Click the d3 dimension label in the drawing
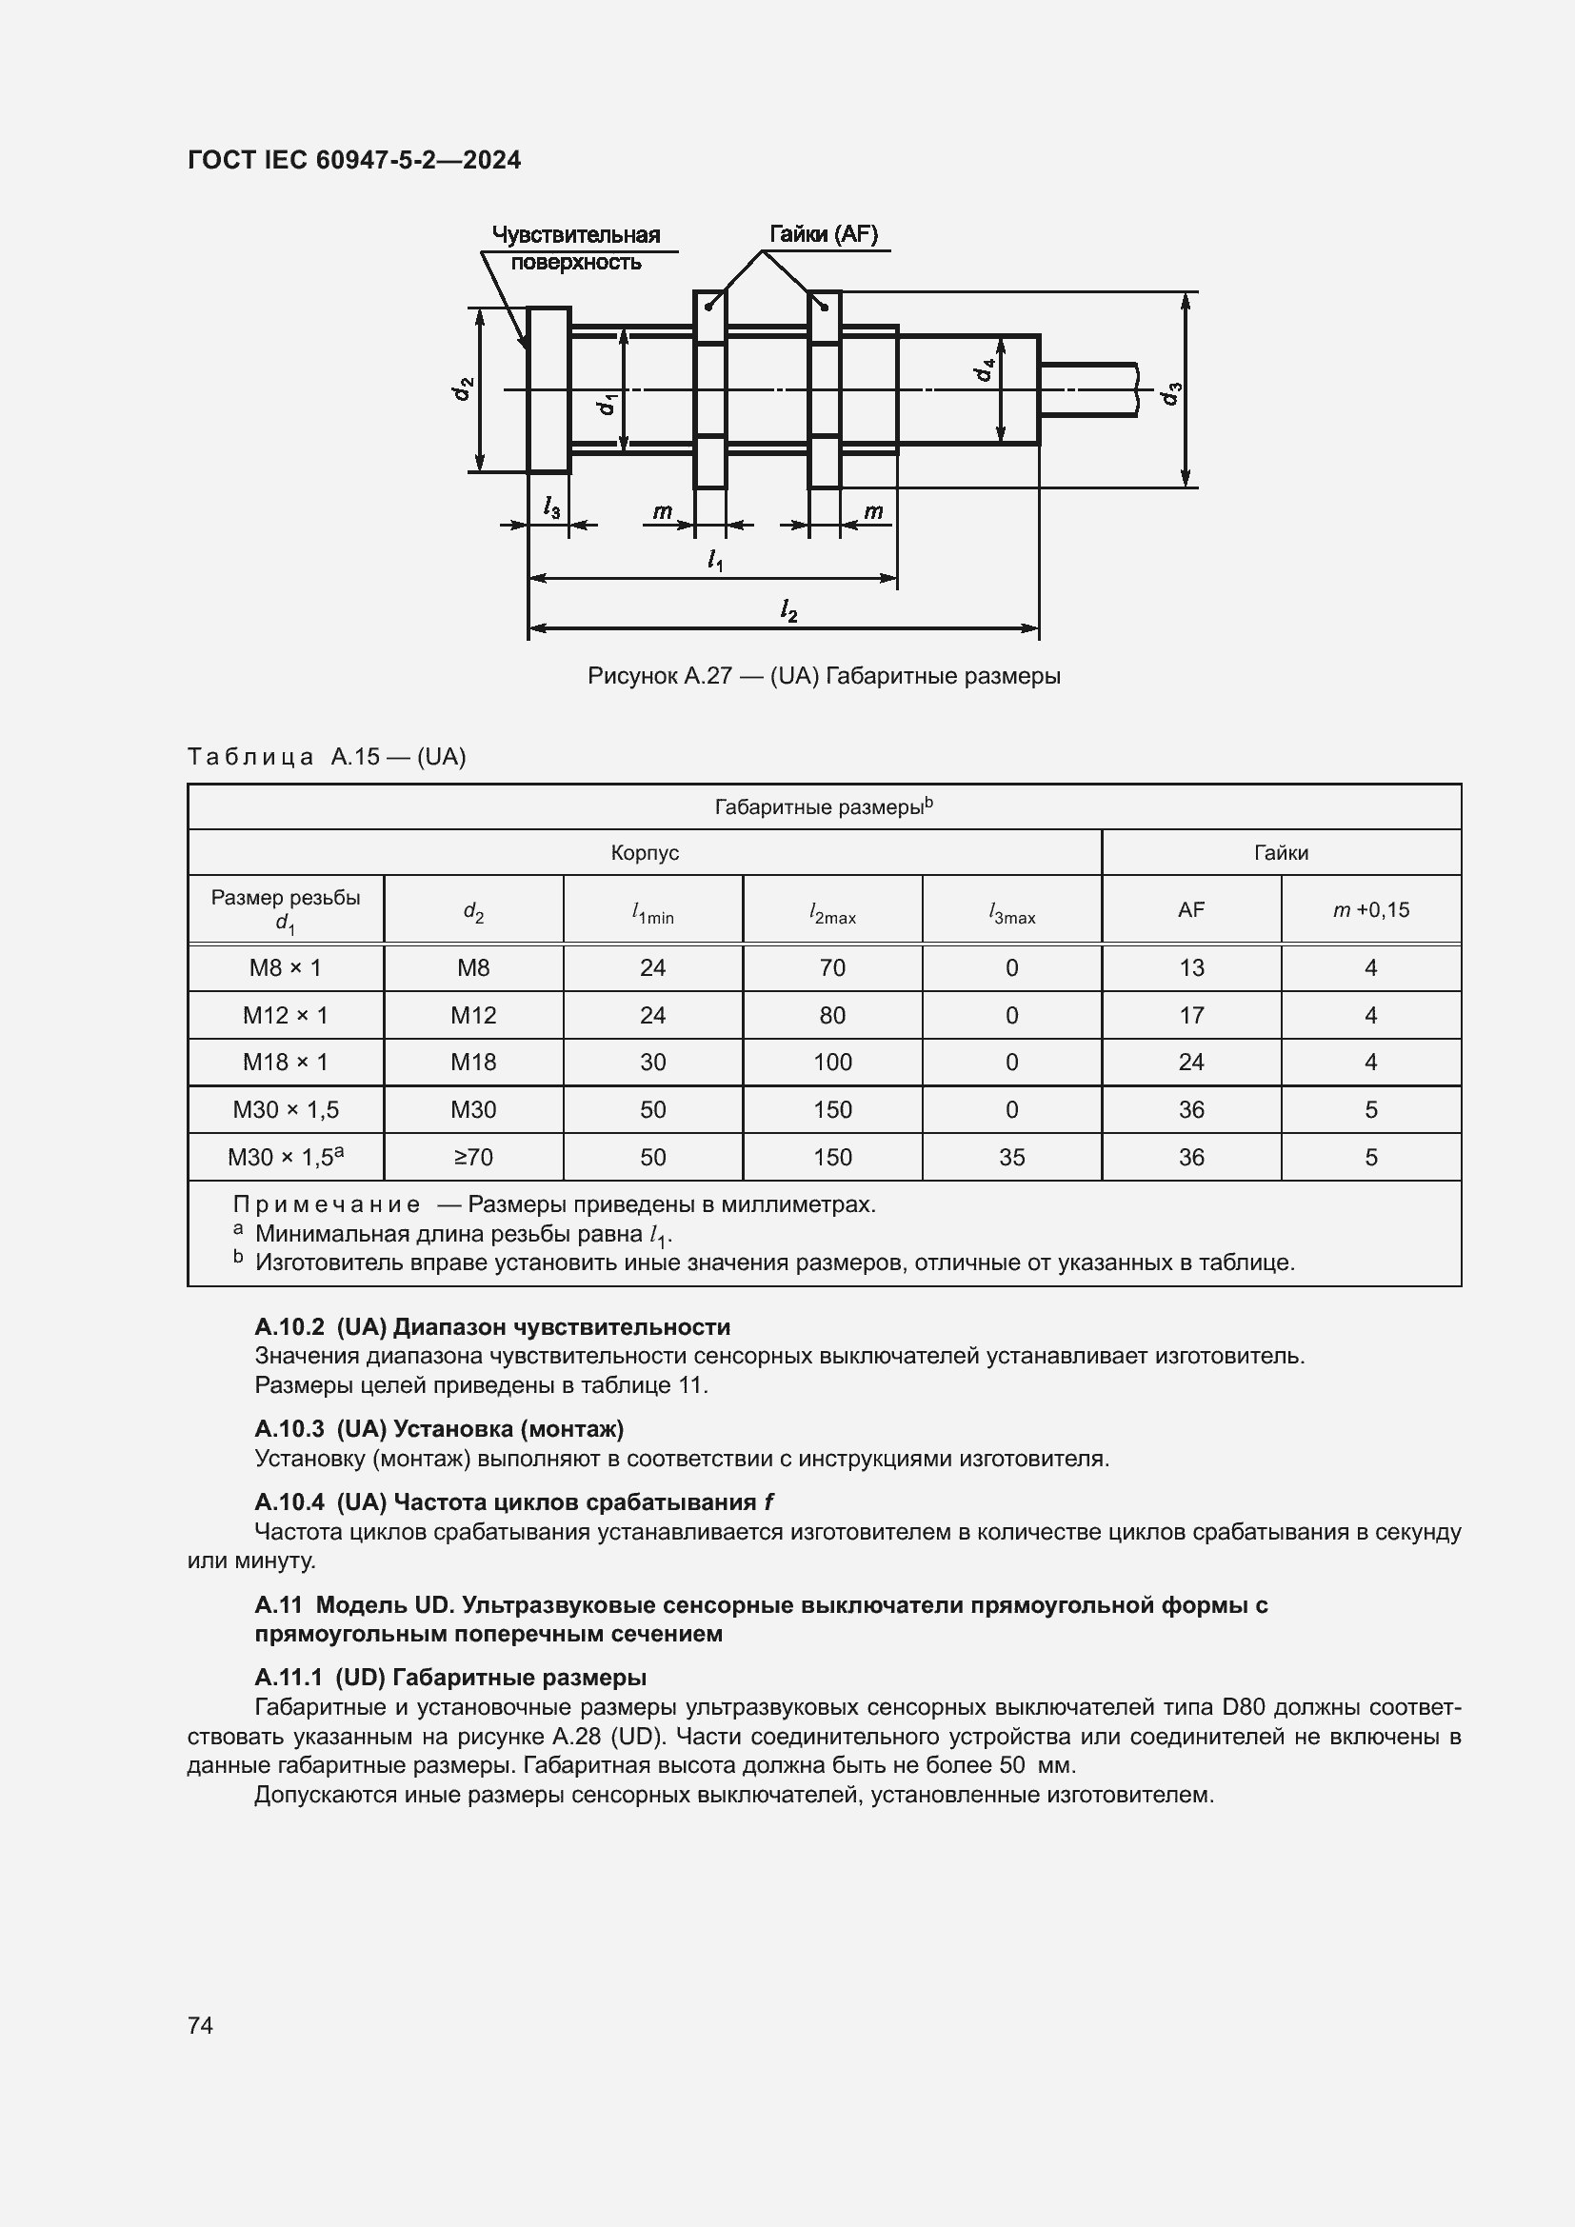click(x=1172, y=394)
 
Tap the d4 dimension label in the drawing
click(x=985, y=369)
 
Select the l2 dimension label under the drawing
click(x=788, y=610)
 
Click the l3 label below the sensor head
click(x=550, y=507)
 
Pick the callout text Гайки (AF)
click(x=824, y=234)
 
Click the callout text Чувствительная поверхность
click(x=575, y=249)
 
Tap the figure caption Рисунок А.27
click(x=824, y=676)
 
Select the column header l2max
click(x=832, y=912)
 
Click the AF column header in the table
click(x=1191, y=910)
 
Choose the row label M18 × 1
click(x=285, y=1063)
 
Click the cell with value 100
click(x=832, y=1063)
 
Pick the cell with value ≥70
click(x=473, y=1157)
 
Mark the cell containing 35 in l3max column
click(x=1011, y=1157)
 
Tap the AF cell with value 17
click(x=1191, y=1016)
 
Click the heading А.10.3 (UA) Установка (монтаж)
click(x=438, y=1429)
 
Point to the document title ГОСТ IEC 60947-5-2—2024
click(x=354, y=160)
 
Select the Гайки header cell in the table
click(x=1280, y=852)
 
